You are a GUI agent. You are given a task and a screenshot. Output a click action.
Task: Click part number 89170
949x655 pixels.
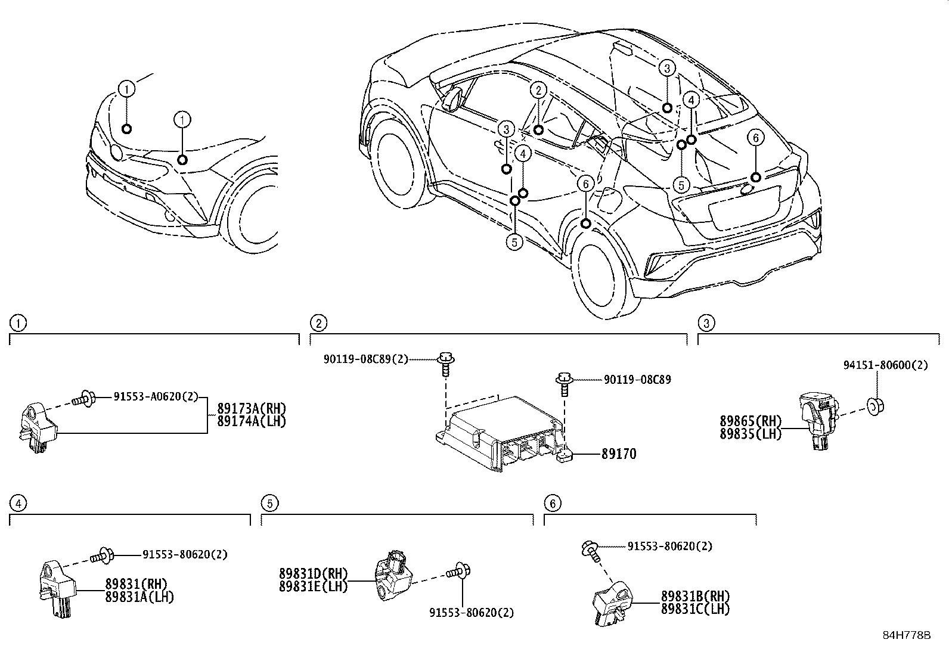618,454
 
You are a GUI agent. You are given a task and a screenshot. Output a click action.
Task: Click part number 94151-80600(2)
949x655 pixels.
885,365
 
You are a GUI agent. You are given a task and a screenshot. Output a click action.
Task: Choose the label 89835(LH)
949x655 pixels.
750,434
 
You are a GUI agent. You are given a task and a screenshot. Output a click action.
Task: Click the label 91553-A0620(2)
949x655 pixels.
156,396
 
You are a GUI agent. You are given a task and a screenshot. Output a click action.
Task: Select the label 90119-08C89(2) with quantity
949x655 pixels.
366,359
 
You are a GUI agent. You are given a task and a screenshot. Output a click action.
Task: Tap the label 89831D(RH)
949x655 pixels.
312,573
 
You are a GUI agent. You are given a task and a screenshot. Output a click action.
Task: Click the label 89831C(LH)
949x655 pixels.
695,609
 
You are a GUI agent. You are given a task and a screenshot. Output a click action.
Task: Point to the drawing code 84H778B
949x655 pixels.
906,634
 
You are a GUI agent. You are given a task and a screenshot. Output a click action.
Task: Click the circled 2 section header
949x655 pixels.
319,323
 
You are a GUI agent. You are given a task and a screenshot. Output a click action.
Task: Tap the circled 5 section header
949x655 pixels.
269,504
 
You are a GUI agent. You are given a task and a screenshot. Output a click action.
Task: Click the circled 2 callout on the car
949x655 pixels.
538,91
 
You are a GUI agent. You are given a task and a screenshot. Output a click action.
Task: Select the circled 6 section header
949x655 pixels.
553,504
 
